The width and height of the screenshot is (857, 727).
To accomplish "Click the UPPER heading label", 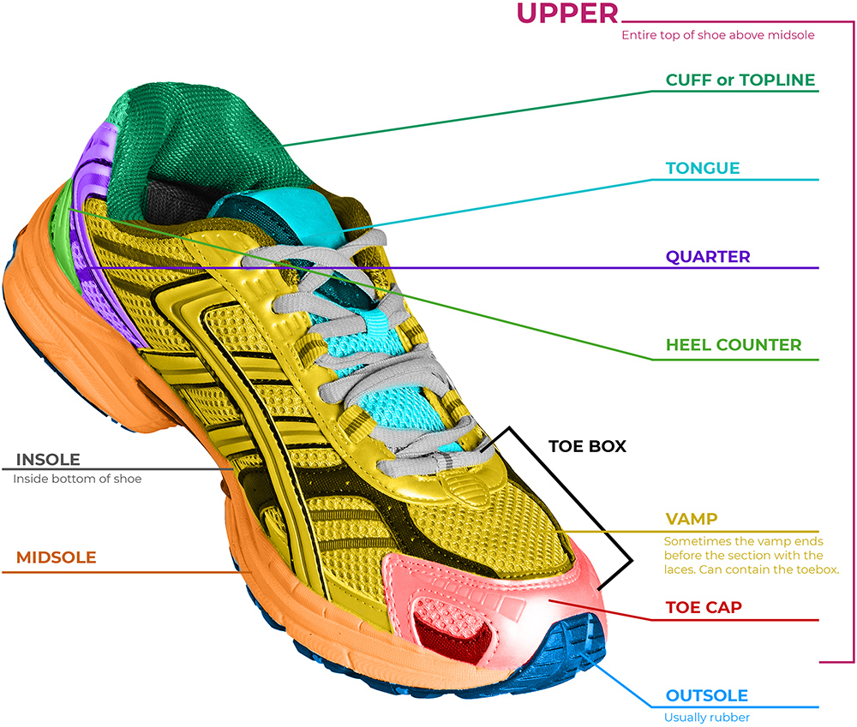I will (x=566, y=15).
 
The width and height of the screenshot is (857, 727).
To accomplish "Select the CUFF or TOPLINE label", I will (x=740, y=80).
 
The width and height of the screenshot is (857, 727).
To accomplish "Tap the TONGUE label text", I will (x=702, y=168).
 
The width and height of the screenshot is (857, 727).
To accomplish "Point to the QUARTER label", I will (x=708, y=256).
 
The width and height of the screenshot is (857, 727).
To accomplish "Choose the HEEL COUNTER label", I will (x=734, y=345).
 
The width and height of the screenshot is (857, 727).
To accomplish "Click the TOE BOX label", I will (x=587, y=446).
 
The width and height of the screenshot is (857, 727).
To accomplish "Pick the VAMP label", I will (x=691, y=519).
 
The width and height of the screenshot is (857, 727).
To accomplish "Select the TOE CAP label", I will (x=704, y=607).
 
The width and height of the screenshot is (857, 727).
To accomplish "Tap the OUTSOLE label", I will (x=706, y=696).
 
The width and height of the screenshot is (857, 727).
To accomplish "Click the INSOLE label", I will (x=48, y=460).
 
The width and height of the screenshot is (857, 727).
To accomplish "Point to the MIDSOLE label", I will (x=56, y=558).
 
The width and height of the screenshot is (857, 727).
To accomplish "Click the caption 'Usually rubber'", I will (x=707, y=718).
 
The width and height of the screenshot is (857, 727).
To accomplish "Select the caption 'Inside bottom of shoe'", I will (x=77, y=479).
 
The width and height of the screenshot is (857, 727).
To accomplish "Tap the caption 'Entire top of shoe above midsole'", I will (x=717, y=35).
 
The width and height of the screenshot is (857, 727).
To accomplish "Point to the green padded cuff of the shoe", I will (x=197, y=128).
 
